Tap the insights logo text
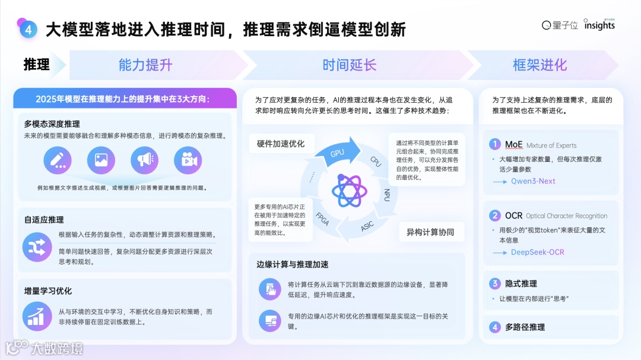[x=599, y=26]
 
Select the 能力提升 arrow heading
[x=145, y=65]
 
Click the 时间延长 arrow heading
[x=350, y=65]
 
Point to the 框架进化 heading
[x=540, y=65]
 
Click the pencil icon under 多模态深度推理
[x=58, y=160]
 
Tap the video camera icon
[x=188, y=160]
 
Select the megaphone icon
[x=144, y=160]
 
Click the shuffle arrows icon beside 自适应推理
[x=37, y=248]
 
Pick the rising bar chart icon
[x=37, y=316]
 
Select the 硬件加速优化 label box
[x=281, y=144]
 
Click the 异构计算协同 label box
[x=430, y=232]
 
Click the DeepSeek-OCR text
[x=537, y=252]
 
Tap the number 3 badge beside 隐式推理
[x=494, y=283]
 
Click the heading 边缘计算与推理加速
[x=293, y=264]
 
